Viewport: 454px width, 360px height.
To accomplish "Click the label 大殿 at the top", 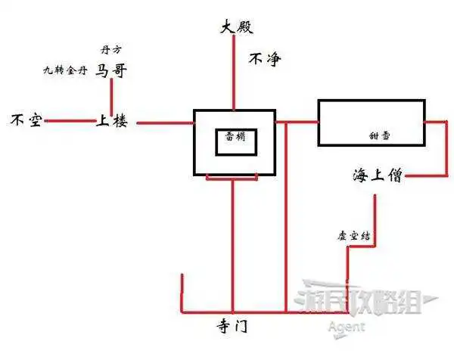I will (235, 28).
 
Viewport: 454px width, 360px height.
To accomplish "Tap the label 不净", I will (265, 58).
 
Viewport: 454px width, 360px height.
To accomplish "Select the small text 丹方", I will (110, 51).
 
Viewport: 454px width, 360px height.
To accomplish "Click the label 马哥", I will (111, 71).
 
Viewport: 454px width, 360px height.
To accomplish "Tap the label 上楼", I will (111, 120).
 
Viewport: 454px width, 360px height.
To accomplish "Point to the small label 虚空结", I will (353, 235).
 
